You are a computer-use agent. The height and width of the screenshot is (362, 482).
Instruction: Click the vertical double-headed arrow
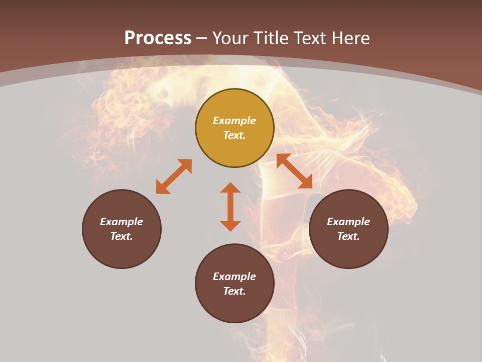click(x=230, y=207)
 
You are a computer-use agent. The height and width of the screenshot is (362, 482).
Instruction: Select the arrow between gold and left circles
click(x=174, y=176)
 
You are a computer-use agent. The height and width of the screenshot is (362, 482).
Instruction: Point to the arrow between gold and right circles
click(x=294, y=171)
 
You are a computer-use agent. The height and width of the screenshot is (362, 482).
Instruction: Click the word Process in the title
click(x=158, y=38)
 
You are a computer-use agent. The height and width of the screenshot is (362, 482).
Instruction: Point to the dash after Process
click(x=202, y=38)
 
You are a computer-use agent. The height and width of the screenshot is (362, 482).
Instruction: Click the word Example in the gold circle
click(x=234, y=121)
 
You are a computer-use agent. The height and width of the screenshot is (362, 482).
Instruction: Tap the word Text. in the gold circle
click(x=234, y=135)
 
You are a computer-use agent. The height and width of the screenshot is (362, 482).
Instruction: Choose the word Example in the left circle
click(x=122, y=222)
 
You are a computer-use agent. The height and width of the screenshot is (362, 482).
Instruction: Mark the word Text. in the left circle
click(x=122, y=236)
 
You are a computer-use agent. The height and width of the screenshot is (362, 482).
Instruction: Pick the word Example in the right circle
click(x=348, y=222)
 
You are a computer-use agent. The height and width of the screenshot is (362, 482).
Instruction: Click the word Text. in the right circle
click(x=348, y=236)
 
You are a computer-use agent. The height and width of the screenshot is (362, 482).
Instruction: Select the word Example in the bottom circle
click(x=234, y=277)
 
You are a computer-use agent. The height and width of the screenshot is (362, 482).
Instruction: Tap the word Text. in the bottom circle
click(x=234, y=291)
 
